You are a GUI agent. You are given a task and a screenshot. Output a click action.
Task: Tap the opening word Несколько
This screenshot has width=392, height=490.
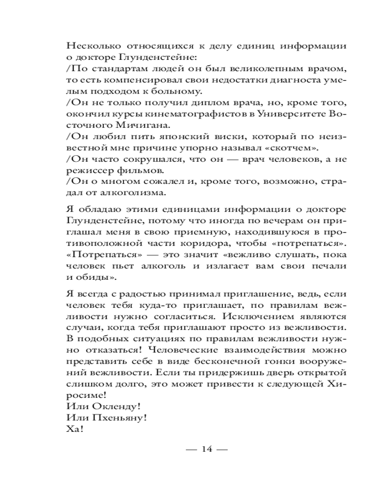click(x=88, y=47)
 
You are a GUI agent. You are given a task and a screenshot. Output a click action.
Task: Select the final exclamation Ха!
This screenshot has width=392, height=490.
click(x=74, y=430)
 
